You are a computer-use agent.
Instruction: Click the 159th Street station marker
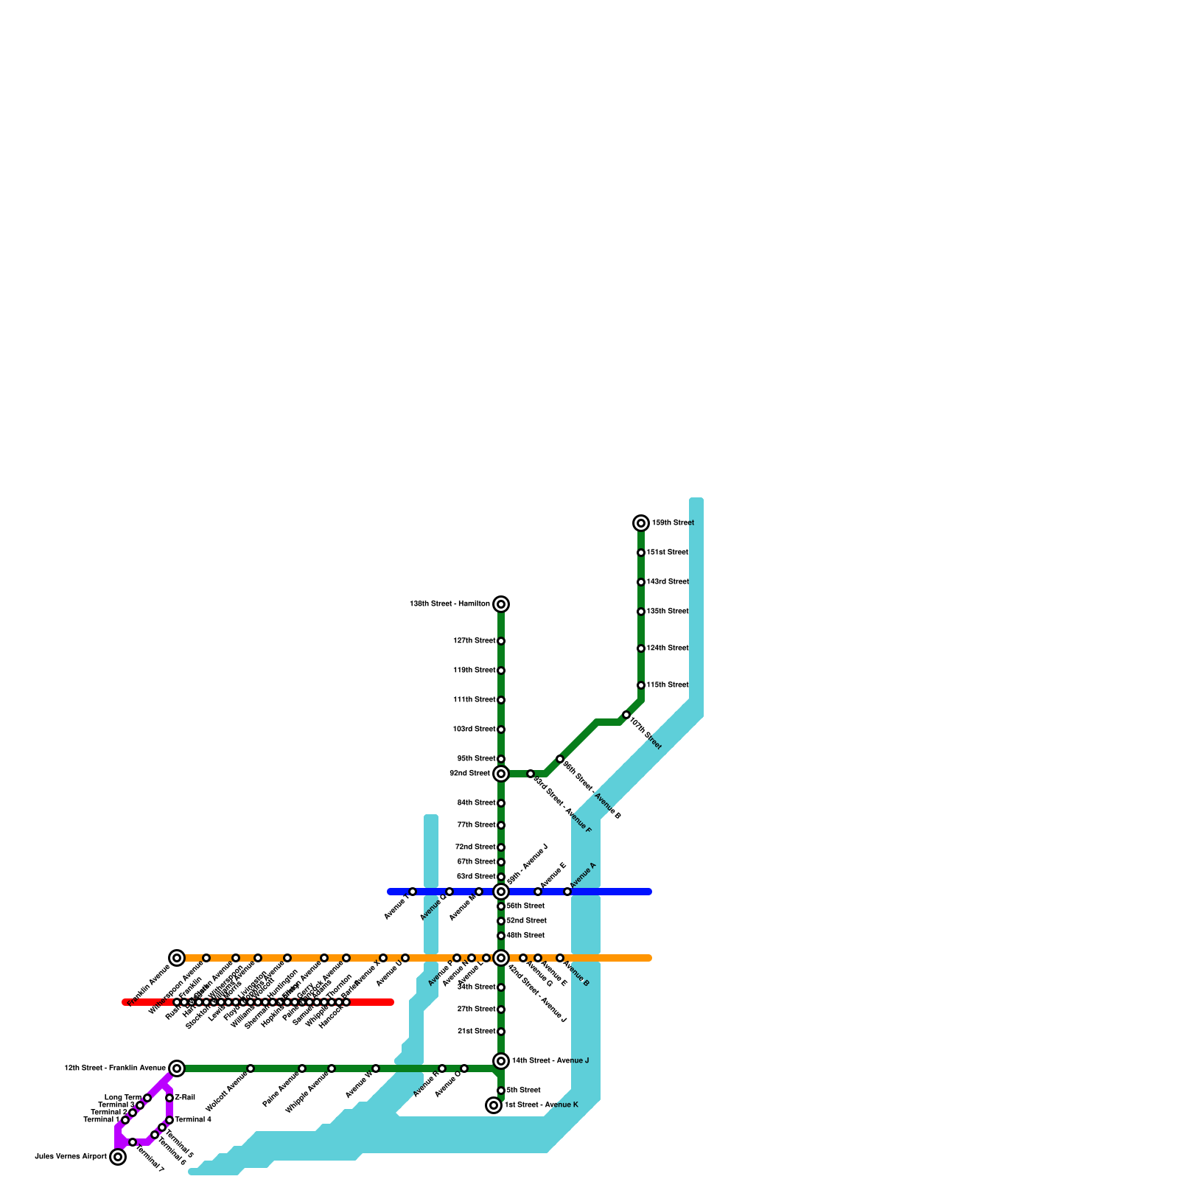pyautogui.click(x=641, y=523)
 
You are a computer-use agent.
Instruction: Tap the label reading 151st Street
pyautogui.click(x=667, y=553)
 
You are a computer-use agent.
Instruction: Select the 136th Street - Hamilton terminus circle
pyautogui.click(x=501, y=604)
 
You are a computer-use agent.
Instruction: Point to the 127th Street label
pyautogui.click(x=474, y=641)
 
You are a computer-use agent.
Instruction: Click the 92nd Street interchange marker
pyautogui.click(x=501, y=774)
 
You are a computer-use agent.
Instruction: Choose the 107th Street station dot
pyautogui.click(x=626, y=715)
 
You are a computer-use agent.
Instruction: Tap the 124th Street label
pyautogui.click(x=667, y=648)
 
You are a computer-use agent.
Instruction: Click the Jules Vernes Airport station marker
pyautogui.click(x=118, y=1157)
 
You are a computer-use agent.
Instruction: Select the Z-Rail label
pyautogui.click(x=185, y=1098)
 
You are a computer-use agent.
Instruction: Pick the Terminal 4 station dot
pyautogui.click(x=169, y=1120)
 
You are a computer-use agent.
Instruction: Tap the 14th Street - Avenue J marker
pyautogui.click(x=501, y=1061)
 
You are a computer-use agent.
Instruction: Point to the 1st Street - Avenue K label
pyautogui.click(x=541, y=1105)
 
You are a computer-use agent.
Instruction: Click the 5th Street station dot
pyautogui.click(x=501, y=1091)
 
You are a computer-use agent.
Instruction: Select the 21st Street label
pyautogui.click(x=475, y=1032)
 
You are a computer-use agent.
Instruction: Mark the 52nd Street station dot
pyautogui.click(x=501, y=921)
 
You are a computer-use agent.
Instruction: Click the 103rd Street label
pyautogui.click(x=474, y=730)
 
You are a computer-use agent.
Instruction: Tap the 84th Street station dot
pyautogui.click(x=501, y=803)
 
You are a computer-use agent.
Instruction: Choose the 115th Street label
pyautogui.click(x=667, y=685)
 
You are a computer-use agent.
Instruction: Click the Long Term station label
pyautogui.click(x=122, y=1098)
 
